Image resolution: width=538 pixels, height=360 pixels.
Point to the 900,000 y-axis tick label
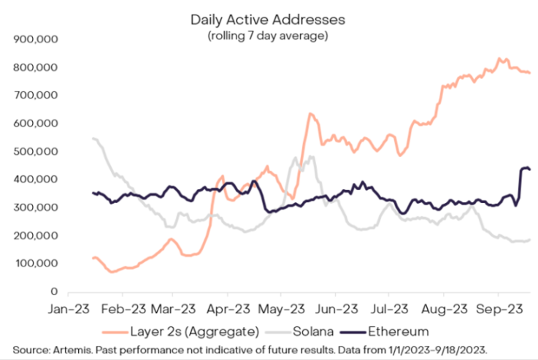point(36,39)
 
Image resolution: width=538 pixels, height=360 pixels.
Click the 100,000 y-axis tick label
point(36,263)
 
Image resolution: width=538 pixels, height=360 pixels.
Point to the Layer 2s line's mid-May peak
point(310,114)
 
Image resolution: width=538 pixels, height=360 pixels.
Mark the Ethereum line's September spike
point(524,169)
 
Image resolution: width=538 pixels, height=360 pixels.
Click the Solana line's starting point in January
point(92,138)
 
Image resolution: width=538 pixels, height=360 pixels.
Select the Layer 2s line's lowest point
point(112,272)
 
